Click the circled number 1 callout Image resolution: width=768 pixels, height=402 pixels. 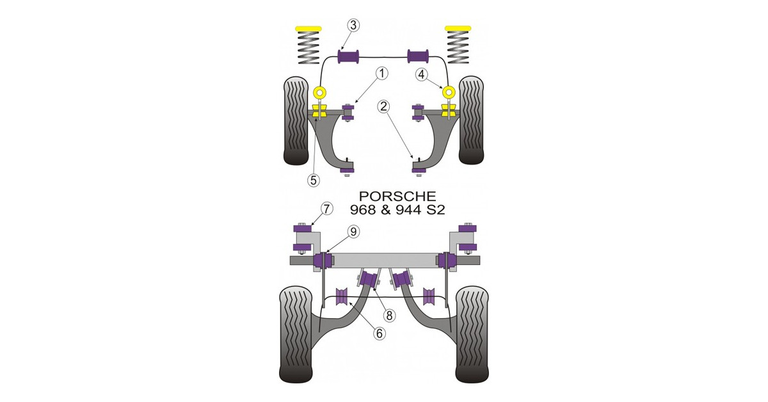[x=382, y=74]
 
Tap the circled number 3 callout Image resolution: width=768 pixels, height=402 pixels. [x=353, y=26]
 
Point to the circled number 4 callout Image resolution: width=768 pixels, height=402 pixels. [x=421, y=74]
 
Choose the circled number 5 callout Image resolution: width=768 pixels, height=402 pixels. [x=313, y=181]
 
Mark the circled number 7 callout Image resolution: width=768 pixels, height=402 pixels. [x=326, y=208]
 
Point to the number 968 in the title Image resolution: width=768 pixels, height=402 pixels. [x=362, y=209]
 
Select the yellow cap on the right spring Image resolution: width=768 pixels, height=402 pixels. [x=458, y=28]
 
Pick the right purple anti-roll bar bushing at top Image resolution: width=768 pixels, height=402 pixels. [x=419, y=56]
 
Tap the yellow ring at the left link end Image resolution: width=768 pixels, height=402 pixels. [x=319, y=92]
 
